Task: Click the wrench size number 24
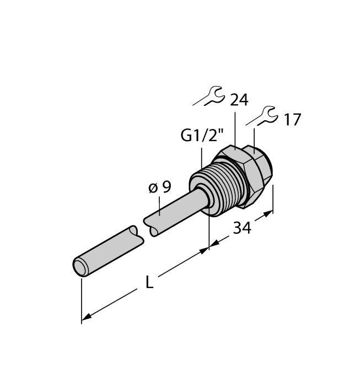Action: pos(239,100)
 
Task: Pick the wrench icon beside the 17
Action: pos(262,116)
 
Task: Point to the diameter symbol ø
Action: pos(153,187)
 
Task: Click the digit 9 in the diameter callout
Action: pos(166,187)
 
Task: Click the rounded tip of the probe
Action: pos(80,267)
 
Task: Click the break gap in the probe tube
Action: pos(139,228)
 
